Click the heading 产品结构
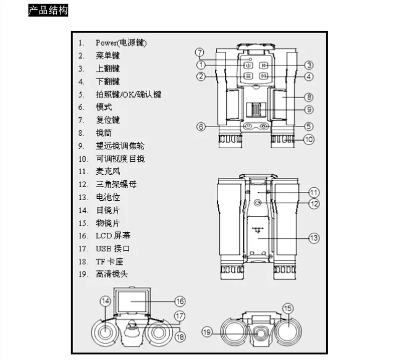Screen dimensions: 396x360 coord(48,10)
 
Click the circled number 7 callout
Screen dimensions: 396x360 coord(200,52)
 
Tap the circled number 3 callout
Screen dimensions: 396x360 coord(309,65)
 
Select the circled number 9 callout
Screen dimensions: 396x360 coord(309,109)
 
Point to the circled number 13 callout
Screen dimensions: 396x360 coord(314,238)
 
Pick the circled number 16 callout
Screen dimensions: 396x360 coord(180,301)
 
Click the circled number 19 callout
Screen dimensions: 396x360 coord(207,332)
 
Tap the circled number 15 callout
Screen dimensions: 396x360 coord(288,308)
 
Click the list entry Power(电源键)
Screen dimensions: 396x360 coord(121,43)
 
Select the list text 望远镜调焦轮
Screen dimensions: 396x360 coord(120,146)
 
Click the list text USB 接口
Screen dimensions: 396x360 coord(112,248)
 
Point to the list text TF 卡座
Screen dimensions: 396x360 coord(109,262)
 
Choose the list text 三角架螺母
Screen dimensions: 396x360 coord(116,184)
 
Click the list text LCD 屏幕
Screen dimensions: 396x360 coord(113,235)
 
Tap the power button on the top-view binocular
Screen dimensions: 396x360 coord(248,65)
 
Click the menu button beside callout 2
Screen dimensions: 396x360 coord(248,76)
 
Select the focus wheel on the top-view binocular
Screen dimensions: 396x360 coord(256,110)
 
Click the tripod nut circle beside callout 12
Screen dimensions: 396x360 coord(258,203)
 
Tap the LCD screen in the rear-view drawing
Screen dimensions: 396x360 coord(131,302)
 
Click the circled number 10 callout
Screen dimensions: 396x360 coord(309,140)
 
